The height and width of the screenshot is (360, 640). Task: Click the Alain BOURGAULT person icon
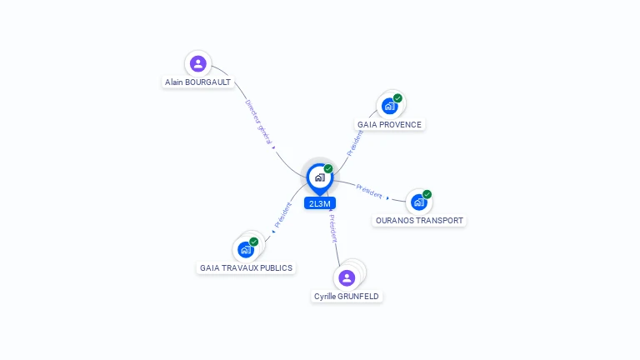(198, 63)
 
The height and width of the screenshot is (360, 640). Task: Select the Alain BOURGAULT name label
(198, 82)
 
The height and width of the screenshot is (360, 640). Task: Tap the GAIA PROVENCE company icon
(389, 106)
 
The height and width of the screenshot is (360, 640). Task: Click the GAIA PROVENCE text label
(389, 124)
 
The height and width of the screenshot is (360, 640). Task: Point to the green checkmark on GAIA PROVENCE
(397, 98)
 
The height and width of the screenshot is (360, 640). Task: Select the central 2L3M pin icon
(320, 178)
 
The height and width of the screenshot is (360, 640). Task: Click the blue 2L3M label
(320, 203)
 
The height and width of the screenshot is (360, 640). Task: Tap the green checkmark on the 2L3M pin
(328, 168)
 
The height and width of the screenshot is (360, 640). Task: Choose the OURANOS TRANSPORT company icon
(419, 202)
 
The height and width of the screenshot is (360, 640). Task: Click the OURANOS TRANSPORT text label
(419, 220)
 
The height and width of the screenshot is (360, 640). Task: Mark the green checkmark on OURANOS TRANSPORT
(427, 194)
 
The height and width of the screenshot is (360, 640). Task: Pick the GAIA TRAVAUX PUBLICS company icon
(246, 249)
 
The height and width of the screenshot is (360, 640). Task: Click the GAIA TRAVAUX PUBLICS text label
(246, 267)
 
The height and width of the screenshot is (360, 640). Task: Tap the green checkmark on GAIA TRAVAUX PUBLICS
(254, 242)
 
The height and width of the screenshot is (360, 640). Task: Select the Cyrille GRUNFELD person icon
(347, 278)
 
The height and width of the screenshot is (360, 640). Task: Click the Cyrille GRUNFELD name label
(347, 297)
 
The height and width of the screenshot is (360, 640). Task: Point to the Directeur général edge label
(258, 122)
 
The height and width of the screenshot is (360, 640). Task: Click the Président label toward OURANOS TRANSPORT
(369, 192)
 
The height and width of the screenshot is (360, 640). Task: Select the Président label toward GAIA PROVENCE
(355, 143)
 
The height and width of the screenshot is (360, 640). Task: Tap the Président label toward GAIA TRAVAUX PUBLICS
(282, 215)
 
